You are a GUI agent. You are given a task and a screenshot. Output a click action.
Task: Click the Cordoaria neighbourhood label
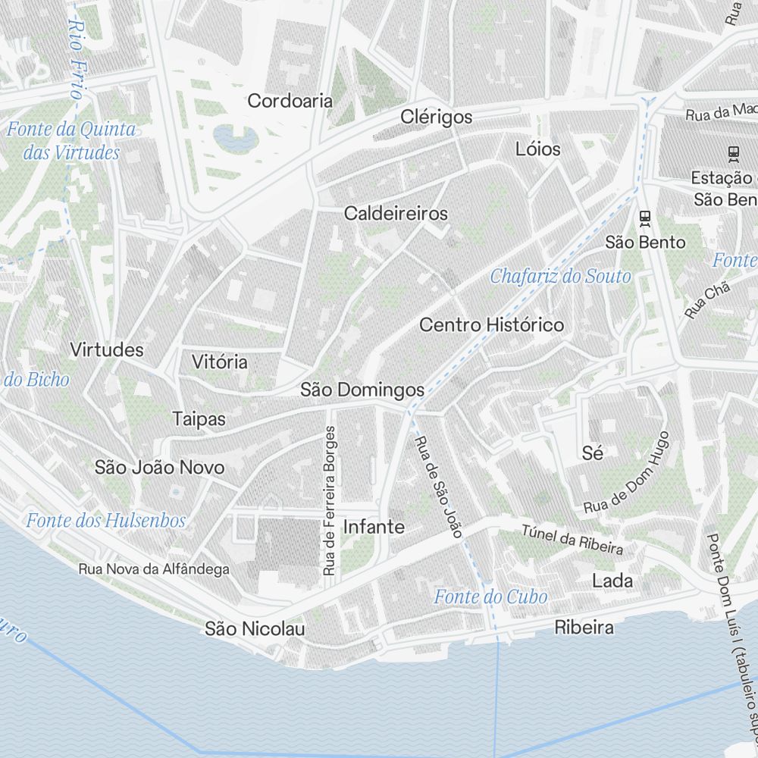290,100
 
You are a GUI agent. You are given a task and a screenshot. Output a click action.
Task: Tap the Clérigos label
437,117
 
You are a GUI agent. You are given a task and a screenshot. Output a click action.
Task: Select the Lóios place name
538,149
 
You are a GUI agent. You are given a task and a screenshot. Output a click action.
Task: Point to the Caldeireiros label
396,213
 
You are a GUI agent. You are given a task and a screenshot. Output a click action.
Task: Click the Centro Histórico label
492,325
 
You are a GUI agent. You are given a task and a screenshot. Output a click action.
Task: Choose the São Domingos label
362,390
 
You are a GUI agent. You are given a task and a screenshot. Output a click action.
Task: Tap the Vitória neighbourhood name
220,362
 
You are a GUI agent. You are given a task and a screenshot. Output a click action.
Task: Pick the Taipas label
199,418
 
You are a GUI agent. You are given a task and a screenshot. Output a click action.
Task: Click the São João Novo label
159,467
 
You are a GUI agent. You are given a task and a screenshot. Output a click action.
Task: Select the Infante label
374,527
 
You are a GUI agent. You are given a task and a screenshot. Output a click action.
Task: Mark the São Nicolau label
255,629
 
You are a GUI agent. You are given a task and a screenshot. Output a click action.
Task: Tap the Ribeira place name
584,628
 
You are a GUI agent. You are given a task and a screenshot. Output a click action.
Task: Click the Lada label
612,581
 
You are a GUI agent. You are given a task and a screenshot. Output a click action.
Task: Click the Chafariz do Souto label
560,276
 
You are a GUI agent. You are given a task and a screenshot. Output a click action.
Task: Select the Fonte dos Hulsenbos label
105,521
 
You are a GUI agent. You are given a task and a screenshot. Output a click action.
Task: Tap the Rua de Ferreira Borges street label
329,501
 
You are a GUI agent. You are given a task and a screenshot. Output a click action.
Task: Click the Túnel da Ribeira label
572,539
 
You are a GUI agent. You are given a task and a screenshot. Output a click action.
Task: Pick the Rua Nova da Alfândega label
154,568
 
